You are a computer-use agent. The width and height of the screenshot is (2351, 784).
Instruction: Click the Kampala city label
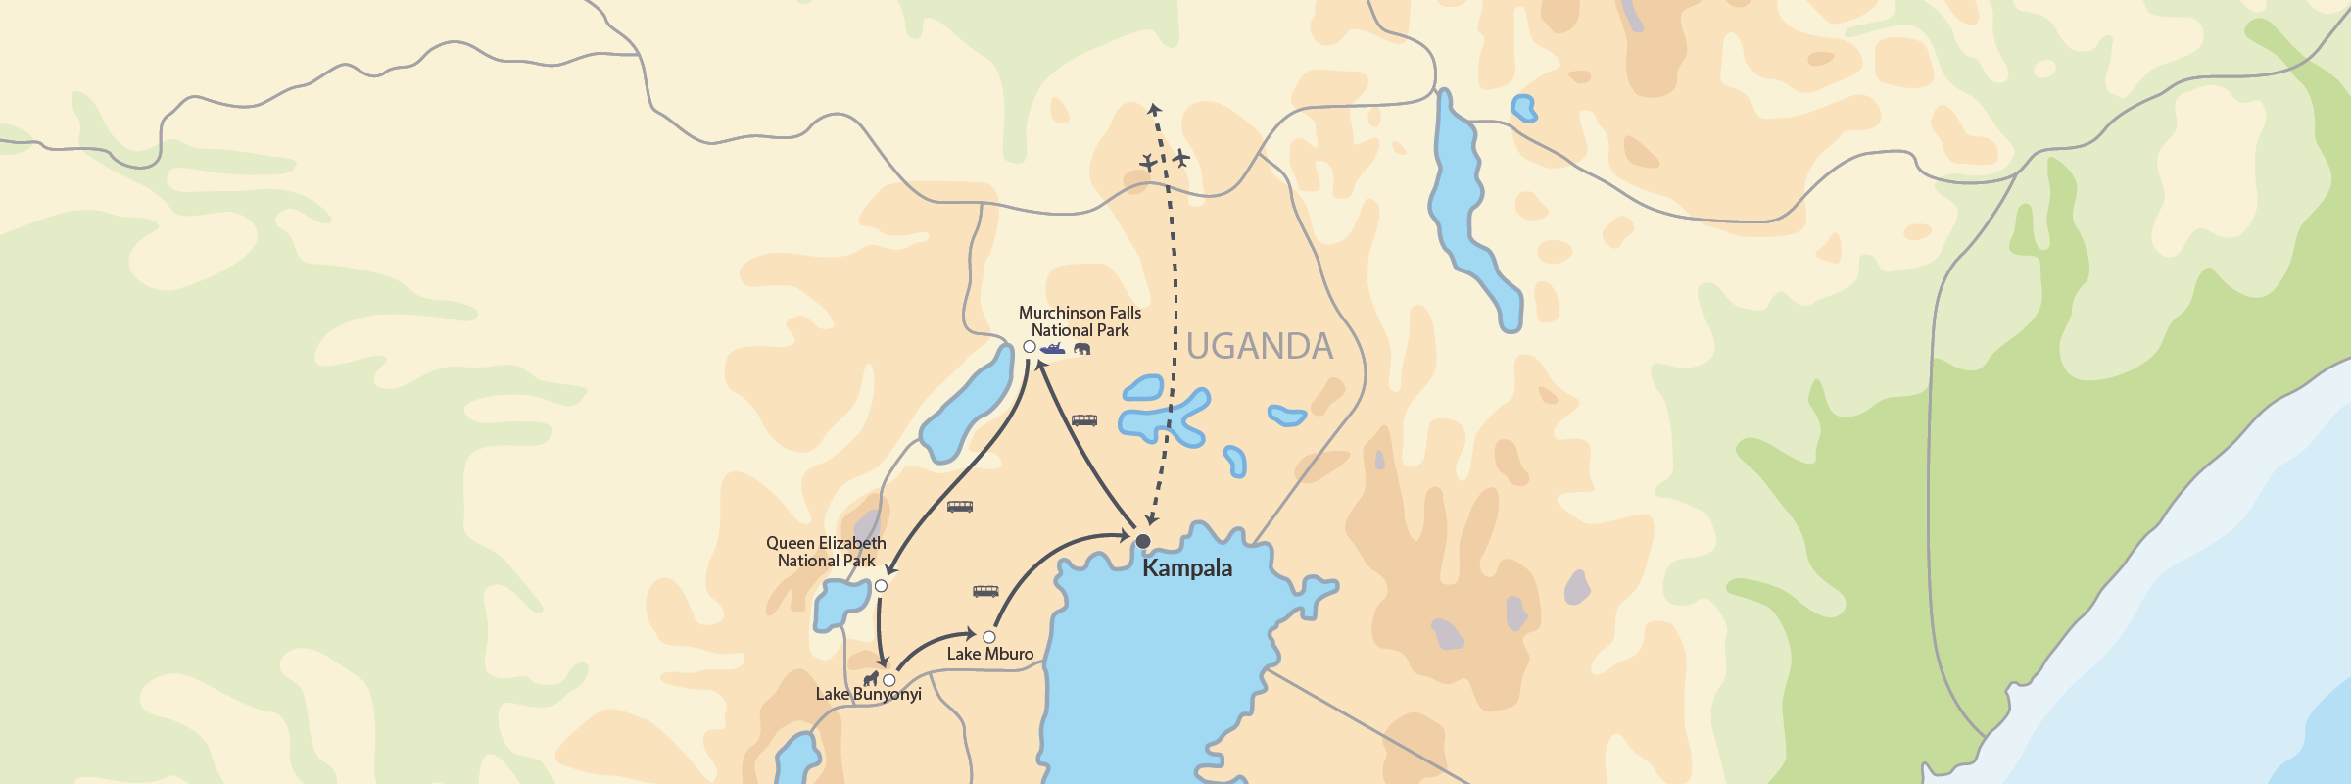pyautogui.click(x=1187, y=568)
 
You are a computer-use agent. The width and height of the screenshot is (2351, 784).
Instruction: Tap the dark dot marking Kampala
pyautogui.click(x=1143, y=541)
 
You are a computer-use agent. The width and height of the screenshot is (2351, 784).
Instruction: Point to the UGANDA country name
pyautogui.click(x=1260, y=346)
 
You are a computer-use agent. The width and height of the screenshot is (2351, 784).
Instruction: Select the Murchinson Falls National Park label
pyautogui.click(x=1080, y=321)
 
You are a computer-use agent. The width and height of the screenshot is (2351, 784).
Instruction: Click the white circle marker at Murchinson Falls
pyautogui.click(x=1030, y=347)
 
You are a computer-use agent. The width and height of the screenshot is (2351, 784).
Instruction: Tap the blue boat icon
pyautogui.click(x=1053, y=349)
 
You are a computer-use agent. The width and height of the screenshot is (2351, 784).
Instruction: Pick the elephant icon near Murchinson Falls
pyautogui.click(x=1082, y=349)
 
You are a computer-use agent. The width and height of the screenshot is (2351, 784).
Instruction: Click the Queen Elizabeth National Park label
pyautogui.click(x=826, y=552)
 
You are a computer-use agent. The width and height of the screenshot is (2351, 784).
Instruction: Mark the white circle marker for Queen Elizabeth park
pyautogui.click(x=881, y=586)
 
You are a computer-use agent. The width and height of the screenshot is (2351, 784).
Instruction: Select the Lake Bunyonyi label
pyautogui.click(x=868, y=694)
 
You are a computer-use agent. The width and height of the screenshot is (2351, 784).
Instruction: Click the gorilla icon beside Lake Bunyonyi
pyautogui.click(x=870, y=678)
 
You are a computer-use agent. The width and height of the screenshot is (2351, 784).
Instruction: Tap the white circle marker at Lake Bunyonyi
pyautogui.click(x=889, y=680)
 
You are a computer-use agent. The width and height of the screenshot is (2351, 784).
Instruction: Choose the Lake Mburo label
pyautogui.click(x=989, y=654)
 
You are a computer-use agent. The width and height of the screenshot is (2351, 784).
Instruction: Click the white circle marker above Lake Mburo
pyautogui.click(x=989, y=637)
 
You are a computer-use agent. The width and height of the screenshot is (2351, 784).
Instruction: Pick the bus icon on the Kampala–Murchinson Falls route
pyautogui.click(x=1084, y=420)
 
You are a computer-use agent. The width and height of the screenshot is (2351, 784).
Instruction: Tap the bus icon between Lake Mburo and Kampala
pyautogui.click(x=985, y=591)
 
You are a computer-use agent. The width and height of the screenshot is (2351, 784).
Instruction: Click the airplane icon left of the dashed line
pyautogui.click(x=1148, y=162)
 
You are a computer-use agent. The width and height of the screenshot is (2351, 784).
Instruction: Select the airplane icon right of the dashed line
pyautogui.click(x=1181, y=158)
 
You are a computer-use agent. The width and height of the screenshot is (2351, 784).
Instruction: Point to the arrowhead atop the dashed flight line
pyautogui.click(x=1155, y=109)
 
